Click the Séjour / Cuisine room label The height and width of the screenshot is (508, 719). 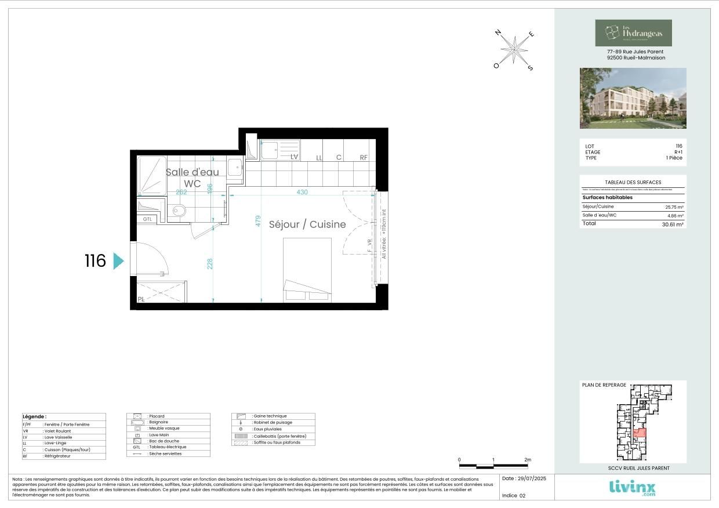click(307, 224)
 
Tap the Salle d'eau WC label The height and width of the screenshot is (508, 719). click(193, 178)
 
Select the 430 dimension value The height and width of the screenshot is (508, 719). click(302, 192)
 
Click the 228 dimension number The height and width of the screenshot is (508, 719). click(210, 263)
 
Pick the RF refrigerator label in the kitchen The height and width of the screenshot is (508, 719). click(364, 158)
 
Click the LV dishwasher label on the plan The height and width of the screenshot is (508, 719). click(294, 157)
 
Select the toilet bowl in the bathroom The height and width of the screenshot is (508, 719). click(179, 212)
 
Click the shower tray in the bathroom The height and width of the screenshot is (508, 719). click(152, 176)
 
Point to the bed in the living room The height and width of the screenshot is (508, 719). click(307, 270)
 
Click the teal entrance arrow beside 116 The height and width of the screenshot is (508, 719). click(118, 261)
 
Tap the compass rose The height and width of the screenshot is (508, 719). click(514, 49)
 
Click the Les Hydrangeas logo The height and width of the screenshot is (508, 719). click(633, 33)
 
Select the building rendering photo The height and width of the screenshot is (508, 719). click(633, 98)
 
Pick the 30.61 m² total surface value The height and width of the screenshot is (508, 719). click(674, 224)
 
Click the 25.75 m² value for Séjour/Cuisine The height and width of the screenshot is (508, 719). click(674, 207)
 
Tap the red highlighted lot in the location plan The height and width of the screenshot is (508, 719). click(639, 433)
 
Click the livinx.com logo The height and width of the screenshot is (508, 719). click(633, 487)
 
